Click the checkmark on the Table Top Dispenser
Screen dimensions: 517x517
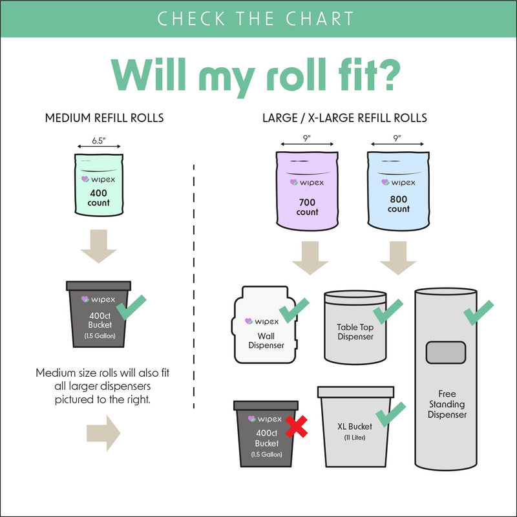(x=388, y=310)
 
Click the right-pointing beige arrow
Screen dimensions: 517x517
(x=103, y=432)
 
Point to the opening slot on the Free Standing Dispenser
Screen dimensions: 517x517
(x=445, y=353)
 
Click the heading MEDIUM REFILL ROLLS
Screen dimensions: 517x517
(x=104, y=118)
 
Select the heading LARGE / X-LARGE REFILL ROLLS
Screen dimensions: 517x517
(x=344, y=118)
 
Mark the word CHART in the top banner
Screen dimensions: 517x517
(x=321, y=18)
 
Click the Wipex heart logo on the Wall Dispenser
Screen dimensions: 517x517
(x=249, y=321)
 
